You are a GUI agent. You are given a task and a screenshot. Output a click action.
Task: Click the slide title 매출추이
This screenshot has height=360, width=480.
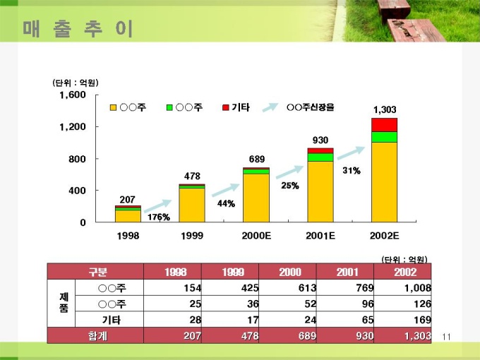click(x=77, y=29)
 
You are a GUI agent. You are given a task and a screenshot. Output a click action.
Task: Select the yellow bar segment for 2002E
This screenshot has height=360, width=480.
click(x=385, y=182)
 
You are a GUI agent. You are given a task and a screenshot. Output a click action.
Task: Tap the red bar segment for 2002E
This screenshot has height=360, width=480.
click(x=385, y=124)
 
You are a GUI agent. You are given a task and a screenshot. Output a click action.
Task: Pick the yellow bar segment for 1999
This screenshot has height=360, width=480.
click(x=192, y=205)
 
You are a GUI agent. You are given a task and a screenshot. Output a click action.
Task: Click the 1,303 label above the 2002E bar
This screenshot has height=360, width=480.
click(x=385, y=109)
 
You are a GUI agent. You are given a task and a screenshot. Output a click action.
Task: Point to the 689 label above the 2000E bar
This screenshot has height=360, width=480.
click(x=256, y=159)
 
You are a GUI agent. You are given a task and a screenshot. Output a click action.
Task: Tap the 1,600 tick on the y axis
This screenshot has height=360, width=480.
click(x=73, y=95)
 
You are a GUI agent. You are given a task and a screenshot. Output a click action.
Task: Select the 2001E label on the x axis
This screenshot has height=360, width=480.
click(x=320, y=235)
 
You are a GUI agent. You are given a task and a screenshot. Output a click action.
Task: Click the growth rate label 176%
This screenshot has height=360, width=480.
click(x=159, y=217)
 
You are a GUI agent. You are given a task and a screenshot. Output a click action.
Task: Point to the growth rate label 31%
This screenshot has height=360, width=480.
click(x=352, y=171)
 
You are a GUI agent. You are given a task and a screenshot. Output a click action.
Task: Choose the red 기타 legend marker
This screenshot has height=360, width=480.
click(x=226, y=107)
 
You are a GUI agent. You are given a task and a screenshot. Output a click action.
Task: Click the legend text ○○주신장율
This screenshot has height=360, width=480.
click(x=311, y=107)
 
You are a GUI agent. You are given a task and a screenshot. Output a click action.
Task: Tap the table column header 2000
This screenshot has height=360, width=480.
click(x=289, y=272)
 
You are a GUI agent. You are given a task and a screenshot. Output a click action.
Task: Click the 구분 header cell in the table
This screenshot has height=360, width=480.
click(x=95, y=272)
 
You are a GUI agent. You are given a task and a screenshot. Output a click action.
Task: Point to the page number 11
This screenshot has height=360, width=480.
click(x=445, y=337)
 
